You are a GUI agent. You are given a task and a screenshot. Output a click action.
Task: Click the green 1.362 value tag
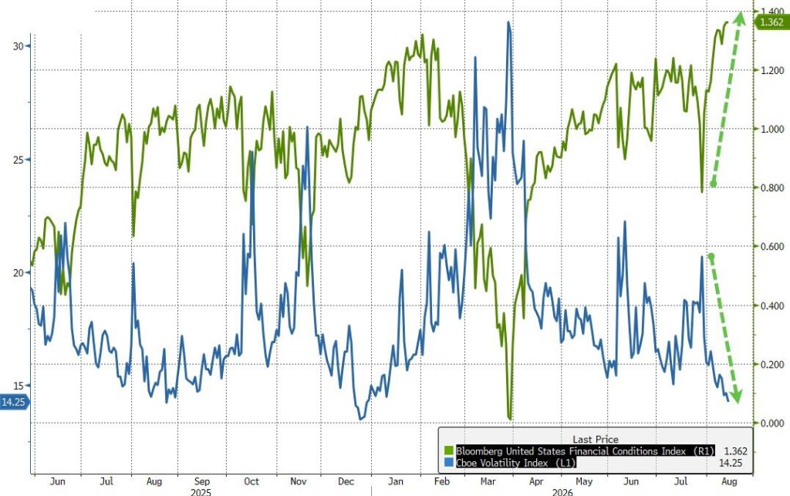coord(771,22)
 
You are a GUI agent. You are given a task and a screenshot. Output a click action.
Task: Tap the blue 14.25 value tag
coord(14,402)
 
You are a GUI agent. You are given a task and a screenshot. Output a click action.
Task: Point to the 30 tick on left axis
coord(19,46)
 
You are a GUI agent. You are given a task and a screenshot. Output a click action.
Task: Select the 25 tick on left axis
coord(19,160)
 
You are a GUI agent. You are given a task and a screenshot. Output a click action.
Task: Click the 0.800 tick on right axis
coord(771,187)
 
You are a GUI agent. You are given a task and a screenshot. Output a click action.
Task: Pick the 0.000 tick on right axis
coord(771,423)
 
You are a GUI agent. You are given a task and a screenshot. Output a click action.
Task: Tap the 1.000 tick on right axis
coord(771,129)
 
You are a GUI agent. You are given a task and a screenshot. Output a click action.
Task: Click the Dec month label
coord(346,481)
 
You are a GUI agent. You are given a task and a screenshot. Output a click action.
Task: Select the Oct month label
coord(252,481)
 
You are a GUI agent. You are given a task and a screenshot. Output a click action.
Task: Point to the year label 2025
coord(201,491)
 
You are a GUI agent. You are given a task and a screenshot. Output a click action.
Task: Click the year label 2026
coord(562,491)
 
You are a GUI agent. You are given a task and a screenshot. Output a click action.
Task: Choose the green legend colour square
coord(449,450)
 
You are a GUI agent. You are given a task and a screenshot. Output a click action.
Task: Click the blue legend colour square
coord(449,462)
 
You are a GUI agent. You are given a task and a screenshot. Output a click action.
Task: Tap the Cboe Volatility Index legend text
coord(516,462)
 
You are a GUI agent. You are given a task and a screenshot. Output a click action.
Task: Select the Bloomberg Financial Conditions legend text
coord(585,450)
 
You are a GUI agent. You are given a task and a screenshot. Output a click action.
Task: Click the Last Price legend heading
coord(595,439)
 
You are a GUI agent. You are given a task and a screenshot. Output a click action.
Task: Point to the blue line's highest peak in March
coord(508,22)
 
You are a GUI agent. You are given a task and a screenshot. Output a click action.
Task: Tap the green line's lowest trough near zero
coord(510,418)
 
